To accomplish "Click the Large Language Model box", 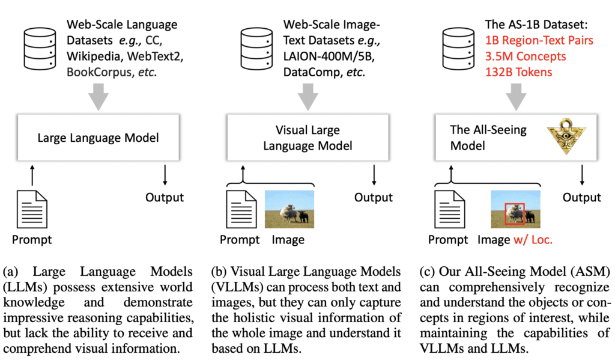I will click(x=97, y=138).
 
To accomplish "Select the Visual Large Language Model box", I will click(x=307, y=138).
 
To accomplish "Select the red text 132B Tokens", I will click(x=518, y=72).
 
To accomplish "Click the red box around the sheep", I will click(x=515, y=213).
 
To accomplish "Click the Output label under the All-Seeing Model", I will click(x=581, y=198).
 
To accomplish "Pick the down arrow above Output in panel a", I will click(x=165, y=174).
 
